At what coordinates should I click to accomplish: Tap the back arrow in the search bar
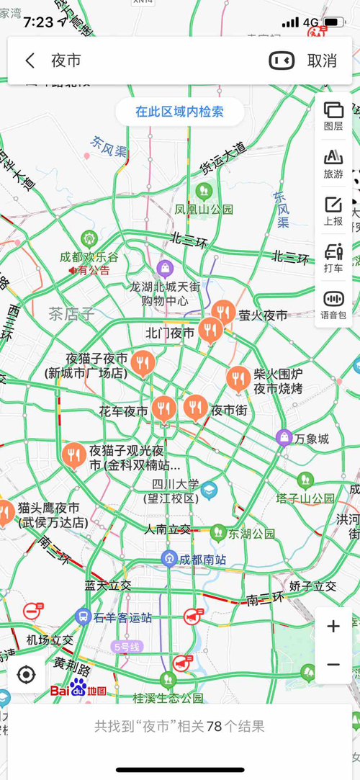(30, 60)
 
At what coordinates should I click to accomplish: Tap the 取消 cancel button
(322, 60)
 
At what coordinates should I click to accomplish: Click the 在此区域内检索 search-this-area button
(180, 112)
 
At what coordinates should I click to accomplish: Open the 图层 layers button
(333, 115)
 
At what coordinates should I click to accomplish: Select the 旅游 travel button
(333, 163)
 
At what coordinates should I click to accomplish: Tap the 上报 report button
(333, 210)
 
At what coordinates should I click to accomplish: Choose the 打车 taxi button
(333, 258)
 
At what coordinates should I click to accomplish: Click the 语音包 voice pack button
(333, 304)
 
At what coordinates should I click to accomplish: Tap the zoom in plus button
(333, 627)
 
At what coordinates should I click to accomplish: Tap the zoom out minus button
(333, 664)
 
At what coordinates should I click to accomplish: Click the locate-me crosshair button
(27, 675)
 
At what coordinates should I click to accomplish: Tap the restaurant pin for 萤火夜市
(224, 313)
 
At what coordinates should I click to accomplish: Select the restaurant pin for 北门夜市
(210, 331)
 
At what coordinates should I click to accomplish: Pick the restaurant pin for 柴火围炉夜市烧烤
(238, 379)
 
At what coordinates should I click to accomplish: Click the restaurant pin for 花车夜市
(164, 409)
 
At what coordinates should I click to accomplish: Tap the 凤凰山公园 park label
(204, 209)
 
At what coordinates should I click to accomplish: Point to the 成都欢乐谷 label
(89, 257)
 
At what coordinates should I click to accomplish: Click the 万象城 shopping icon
(284, 437)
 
